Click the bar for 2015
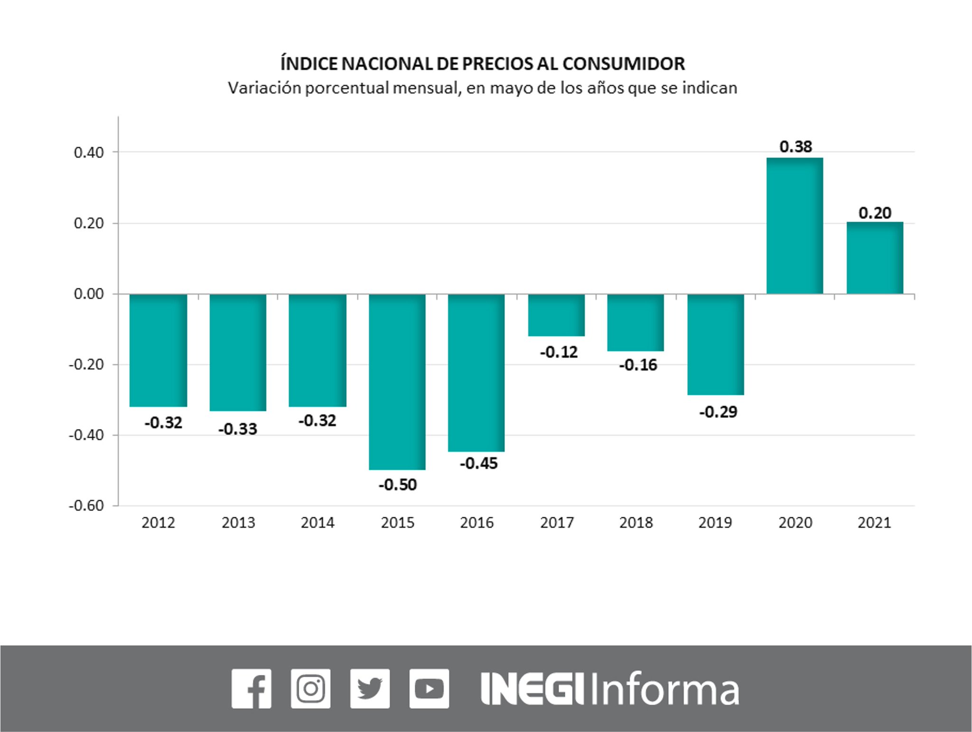point(397,381)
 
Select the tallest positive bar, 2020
point(794,226)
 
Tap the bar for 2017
point(556,315)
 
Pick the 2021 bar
point(874,258)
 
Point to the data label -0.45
point(478,463)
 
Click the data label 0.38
point(795,147)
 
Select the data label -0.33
point(238,429)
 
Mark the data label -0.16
point(638,365)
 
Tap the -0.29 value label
point(718,411)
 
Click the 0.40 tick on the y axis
point(89,152)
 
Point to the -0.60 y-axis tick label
point(86,505)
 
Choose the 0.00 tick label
point(89,294)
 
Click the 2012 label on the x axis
point(158,523)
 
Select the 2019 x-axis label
point(715,523)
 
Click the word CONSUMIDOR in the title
point(624,64)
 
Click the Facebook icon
point(252,689)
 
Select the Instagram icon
point(310,689)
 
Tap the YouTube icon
point(429,689)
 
